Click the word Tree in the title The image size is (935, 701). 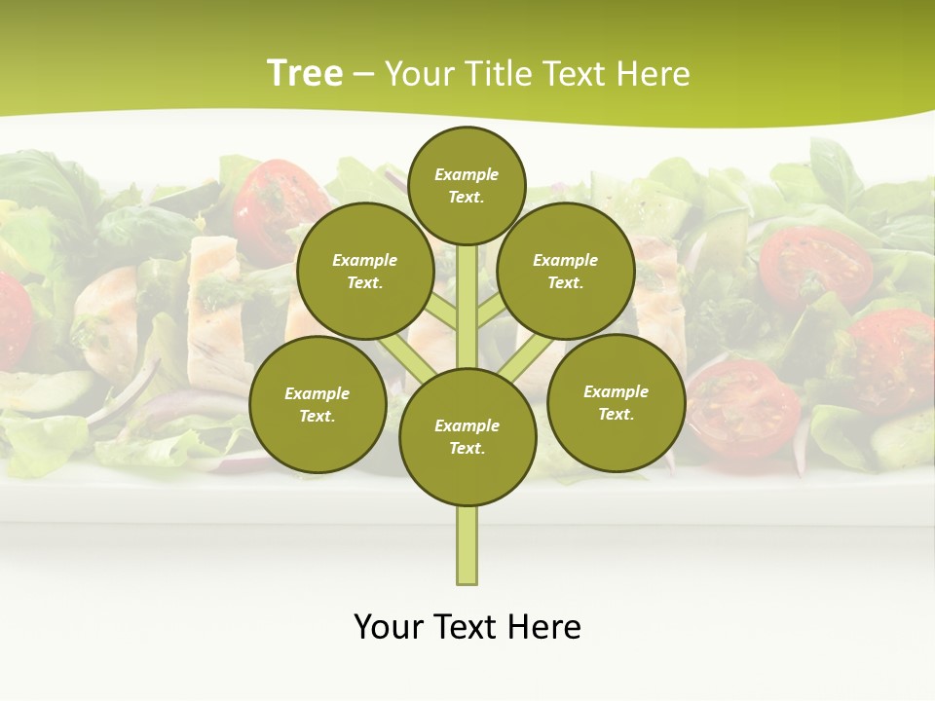tap(305, 73)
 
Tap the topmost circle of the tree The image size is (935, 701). tap(467, 185)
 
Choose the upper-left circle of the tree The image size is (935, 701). tap(365, 271)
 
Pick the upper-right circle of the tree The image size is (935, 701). tap(566, 271)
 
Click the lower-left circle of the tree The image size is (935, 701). tap(318, 404)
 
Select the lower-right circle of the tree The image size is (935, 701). tap(617, 402)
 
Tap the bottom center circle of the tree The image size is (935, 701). tap(467, 436)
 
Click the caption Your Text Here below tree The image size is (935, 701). tap(467, 626)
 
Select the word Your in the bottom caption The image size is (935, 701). tap(390, 626)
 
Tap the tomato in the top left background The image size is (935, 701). tap(268, 195)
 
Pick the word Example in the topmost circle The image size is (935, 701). tap(467, 174)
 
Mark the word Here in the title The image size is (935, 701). tap(654, 73)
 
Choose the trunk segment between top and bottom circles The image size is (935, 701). tap(467, 307)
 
